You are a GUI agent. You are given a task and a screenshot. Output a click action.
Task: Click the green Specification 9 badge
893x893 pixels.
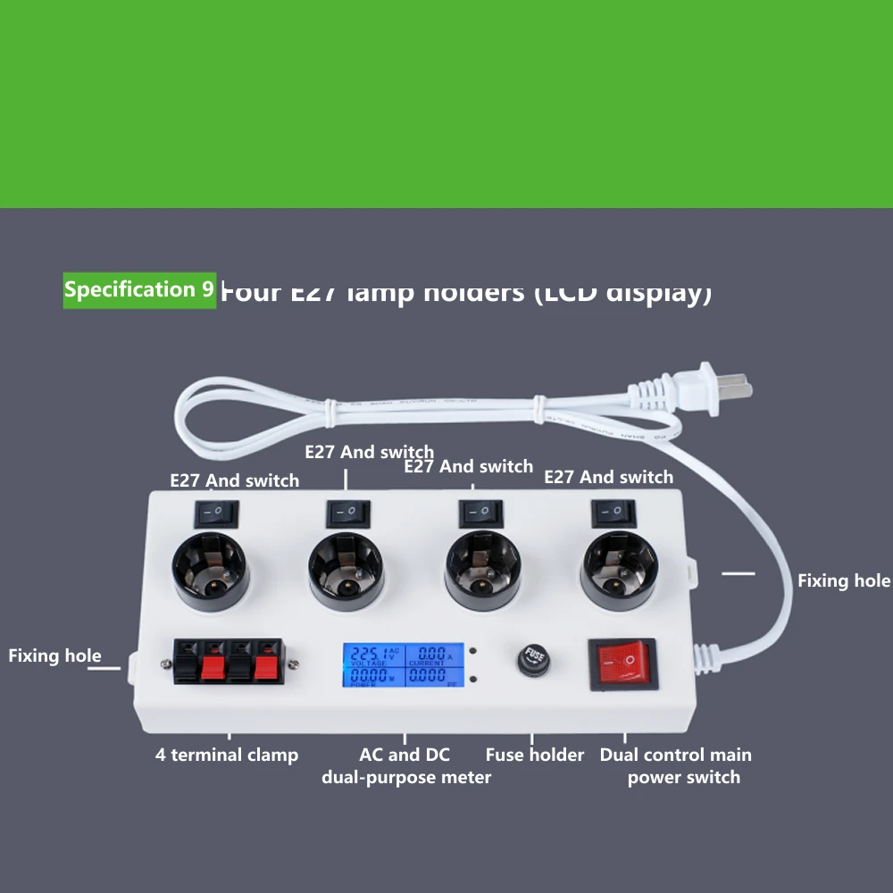click(x=139, y=289)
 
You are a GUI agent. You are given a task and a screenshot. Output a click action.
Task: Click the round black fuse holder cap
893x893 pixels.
click(x=534, y=661)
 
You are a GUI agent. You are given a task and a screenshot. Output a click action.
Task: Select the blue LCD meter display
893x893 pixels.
click(x=399, y=665)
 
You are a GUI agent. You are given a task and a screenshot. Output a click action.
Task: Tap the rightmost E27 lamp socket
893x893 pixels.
click(x=620, y=571)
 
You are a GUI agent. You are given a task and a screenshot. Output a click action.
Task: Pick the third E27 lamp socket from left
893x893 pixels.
click(x=483, y=572)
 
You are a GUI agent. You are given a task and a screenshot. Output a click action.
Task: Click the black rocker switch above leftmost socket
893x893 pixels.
click(x=217, y=513)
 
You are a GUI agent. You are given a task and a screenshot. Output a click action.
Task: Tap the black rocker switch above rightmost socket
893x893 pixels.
click(x=613, y=513)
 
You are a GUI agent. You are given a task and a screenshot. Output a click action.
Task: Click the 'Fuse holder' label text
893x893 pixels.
click(x=534, y=755)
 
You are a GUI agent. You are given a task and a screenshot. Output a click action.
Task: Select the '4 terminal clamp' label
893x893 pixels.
click(x=227, y=755)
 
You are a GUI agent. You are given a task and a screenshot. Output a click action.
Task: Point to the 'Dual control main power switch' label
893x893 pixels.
click(x=676, y=765)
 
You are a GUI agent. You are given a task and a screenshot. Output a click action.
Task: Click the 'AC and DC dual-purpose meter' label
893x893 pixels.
click(x=405, y=765)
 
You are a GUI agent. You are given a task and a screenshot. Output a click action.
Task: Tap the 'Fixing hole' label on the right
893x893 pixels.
click(x=843, y=580)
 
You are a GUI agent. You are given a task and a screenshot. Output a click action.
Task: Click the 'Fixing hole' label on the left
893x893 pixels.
click(x=54, y=655)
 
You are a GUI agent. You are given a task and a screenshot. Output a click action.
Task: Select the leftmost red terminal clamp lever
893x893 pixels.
click(x=213, y=667)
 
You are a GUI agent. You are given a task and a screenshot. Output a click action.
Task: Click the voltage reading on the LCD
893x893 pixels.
click(x=368, y=654)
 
